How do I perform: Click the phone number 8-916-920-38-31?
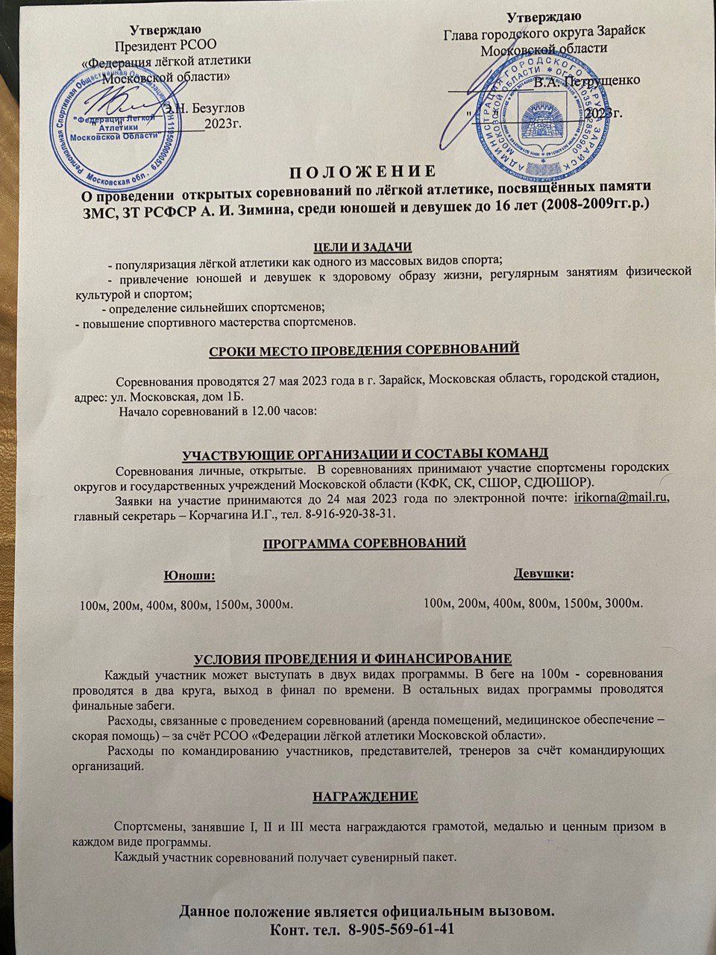pyautogui.click(x=346, y=513)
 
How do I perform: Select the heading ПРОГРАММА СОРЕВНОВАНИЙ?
pyautogui.click(x=365, y=542)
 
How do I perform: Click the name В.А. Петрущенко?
pyautogui.click(x=586, y=81)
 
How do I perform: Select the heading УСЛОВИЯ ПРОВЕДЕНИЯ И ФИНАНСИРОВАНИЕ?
pyautogui.click(x=353, y=658)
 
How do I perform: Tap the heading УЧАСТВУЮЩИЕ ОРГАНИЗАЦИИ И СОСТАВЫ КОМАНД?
pyautogui.click(x=365, y=453)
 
